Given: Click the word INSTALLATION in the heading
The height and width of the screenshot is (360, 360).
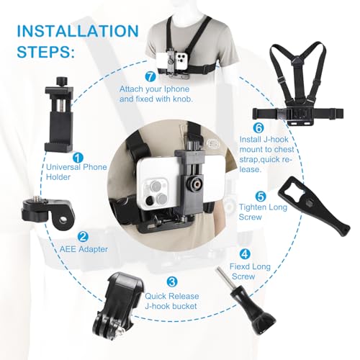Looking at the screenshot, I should pos(76,32).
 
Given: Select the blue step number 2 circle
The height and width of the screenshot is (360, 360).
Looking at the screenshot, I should pos(84,235).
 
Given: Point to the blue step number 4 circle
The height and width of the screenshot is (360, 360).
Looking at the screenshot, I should pos(245,253).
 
